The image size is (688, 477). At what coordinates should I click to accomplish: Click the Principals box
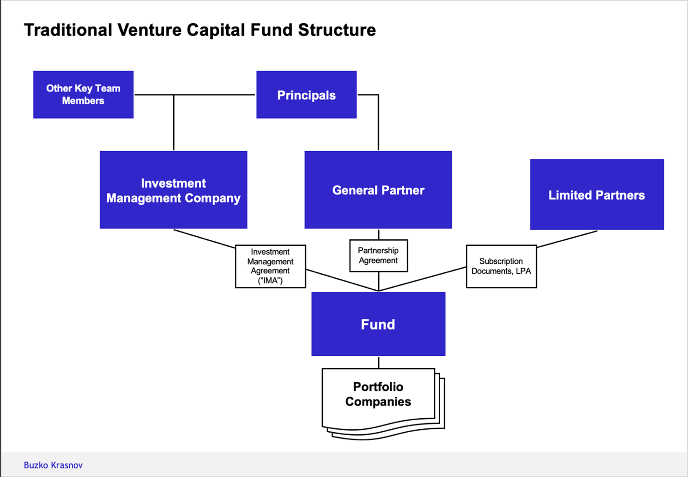click(306, 95)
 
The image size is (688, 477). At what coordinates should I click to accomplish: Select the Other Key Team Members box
click(83, 95)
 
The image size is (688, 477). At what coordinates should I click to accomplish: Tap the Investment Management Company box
click(173, 190)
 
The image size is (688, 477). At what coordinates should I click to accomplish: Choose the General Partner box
click(378, 190)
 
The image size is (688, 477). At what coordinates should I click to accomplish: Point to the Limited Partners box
click(597, 195)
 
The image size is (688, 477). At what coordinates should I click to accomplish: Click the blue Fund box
click(378, 324)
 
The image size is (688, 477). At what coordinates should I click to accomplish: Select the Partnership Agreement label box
click(378, 256)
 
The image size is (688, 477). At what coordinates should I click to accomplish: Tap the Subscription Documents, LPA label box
click(501, 266)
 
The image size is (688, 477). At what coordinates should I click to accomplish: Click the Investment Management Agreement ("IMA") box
click(270, 266)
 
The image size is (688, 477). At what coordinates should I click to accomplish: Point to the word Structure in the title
click(337, 30)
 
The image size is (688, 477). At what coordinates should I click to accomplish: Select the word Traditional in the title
click(68, 30)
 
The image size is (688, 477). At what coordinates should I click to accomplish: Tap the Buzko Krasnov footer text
click(53, 465)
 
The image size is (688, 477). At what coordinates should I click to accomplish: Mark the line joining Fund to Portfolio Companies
click(379, 362)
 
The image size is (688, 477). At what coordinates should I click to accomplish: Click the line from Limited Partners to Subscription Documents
click(567, 239)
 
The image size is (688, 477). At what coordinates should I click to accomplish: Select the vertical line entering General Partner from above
click(379, 125)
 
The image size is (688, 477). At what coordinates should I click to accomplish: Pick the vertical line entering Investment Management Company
click(174, 125)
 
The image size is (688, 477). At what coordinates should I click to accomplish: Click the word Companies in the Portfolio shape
click(378, 402)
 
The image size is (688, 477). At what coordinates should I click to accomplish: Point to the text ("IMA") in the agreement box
click(270, 281)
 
